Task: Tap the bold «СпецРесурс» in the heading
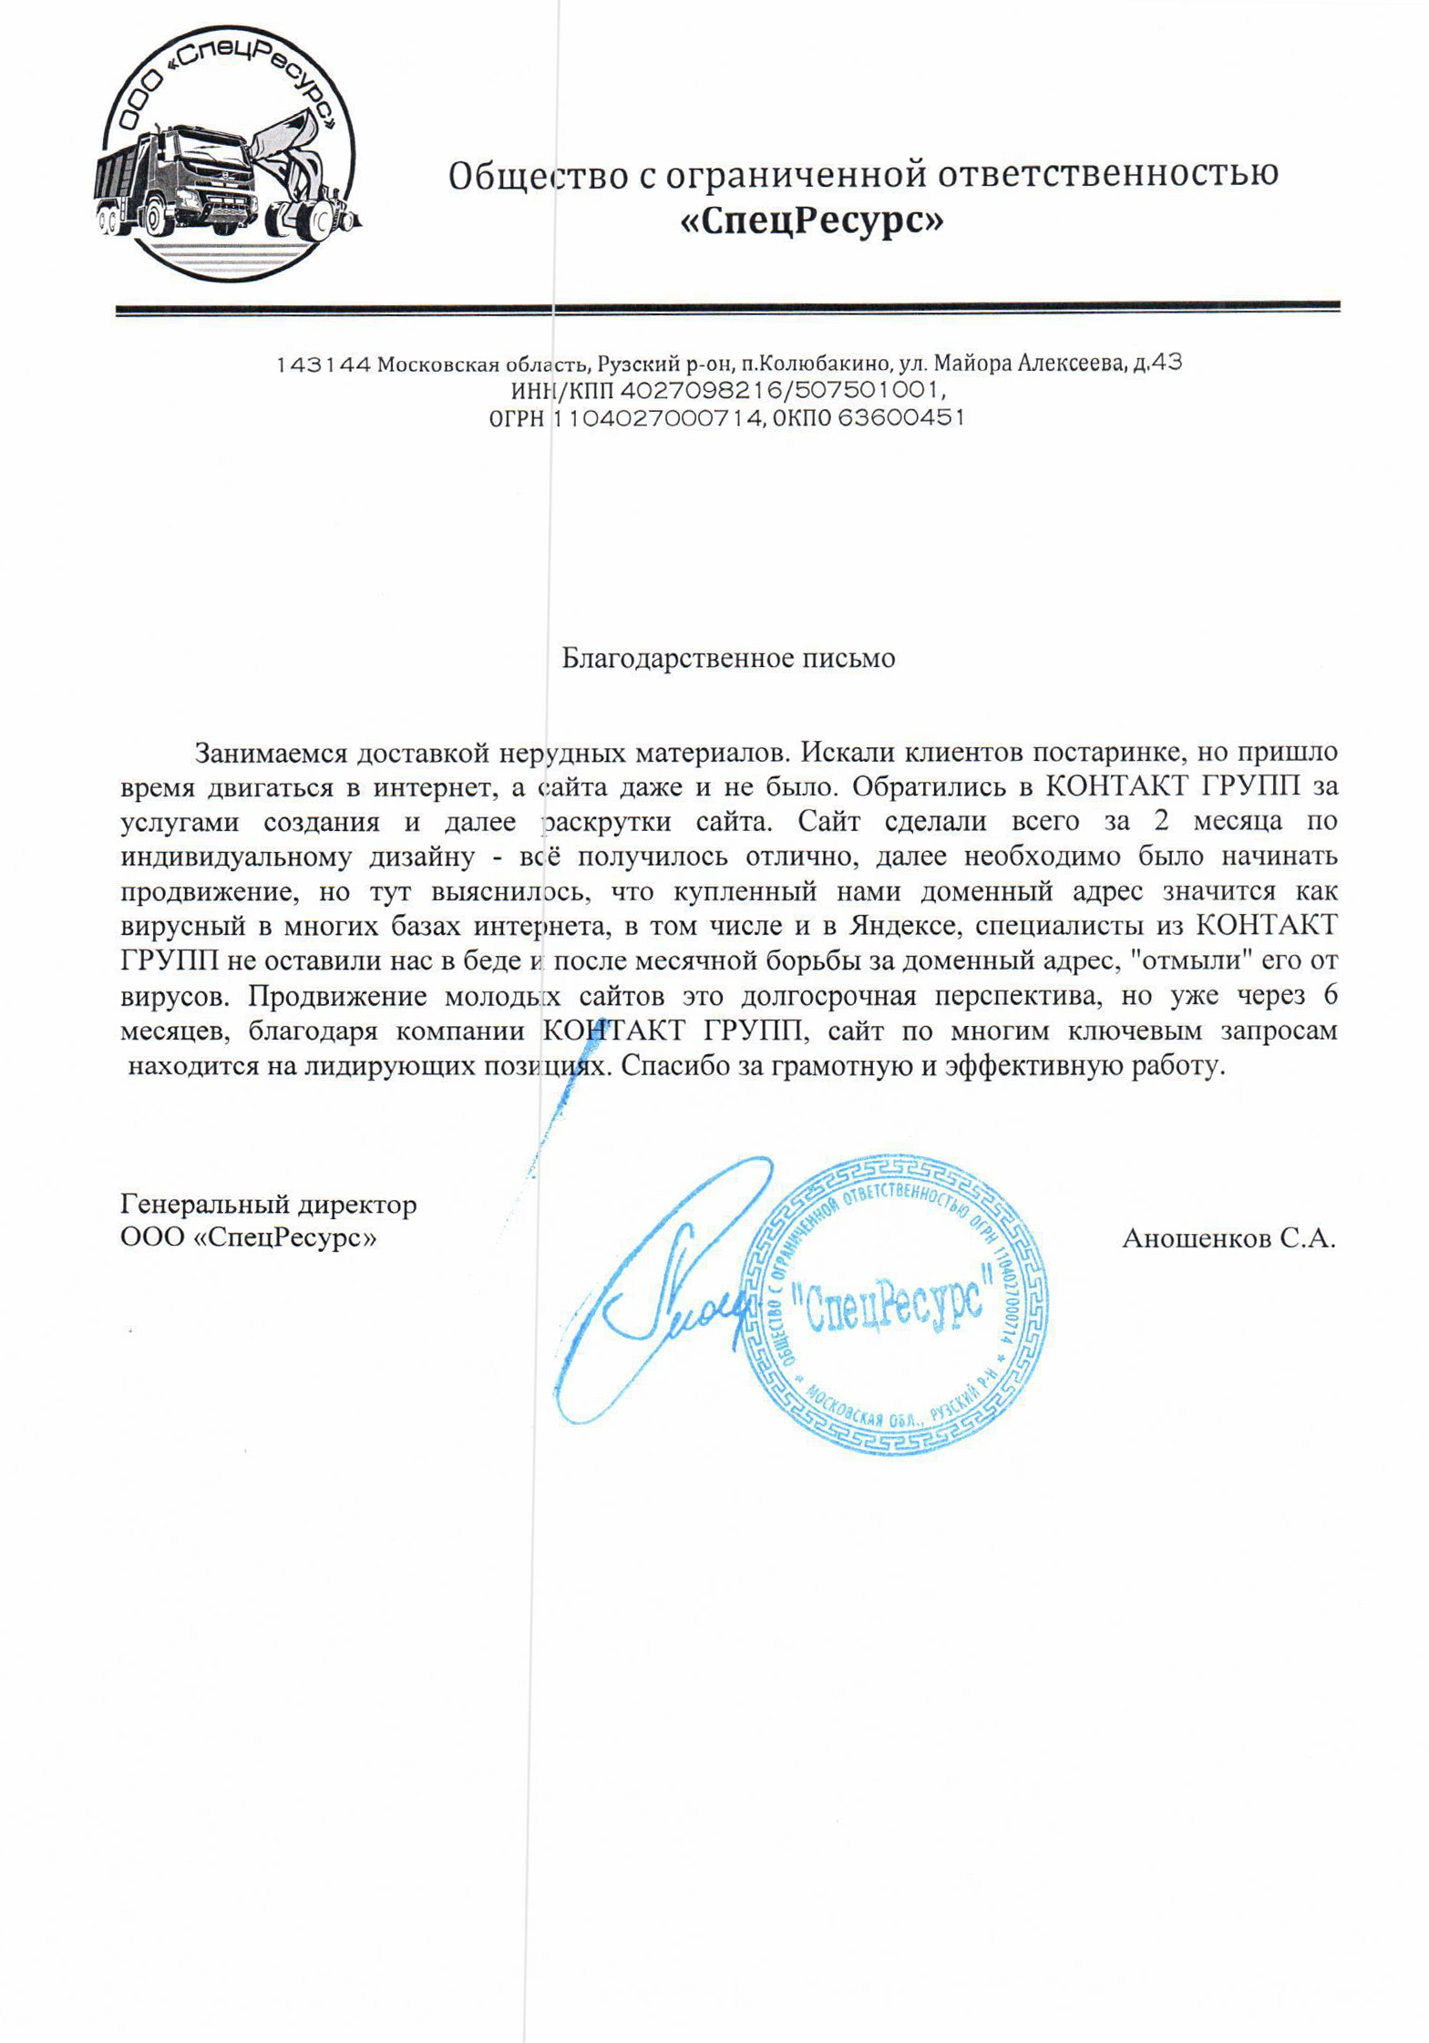point(812,221)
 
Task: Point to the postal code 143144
point(324,365)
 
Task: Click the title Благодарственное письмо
point(728,658)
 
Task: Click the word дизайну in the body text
point(422,857)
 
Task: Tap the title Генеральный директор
point(269,1205)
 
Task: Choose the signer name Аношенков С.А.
point(1229,1238)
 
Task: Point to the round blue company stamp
point(896,1304)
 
